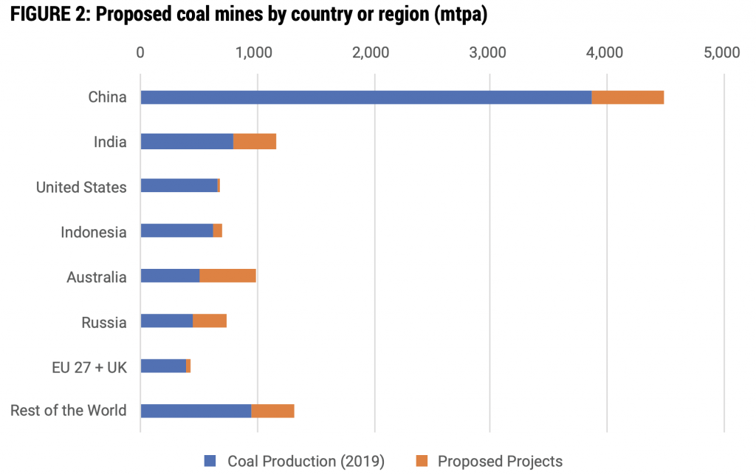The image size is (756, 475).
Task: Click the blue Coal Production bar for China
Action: pos(365,98)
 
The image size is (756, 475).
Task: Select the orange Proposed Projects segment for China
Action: pos(628,98)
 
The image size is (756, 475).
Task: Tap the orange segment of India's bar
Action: pos(255,142)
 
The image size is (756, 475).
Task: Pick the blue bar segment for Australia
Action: pos(170,276)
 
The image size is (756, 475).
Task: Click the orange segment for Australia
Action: pos(227,276)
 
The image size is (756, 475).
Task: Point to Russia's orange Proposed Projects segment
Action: pos(210,321)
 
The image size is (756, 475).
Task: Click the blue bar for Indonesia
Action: pos(176,231)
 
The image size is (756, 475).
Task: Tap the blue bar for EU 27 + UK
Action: pos(163,366)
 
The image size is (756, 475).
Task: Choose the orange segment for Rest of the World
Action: pos(272,411)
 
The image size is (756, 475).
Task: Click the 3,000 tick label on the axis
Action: pos(490,52)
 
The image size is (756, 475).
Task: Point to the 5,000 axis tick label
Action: pos(721,52)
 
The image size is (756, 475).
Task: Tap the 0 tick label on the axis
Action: pos(140,52)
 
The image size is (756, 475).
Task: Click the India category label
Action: pos(109,142)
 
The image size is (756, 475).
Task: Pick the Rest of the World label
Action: pos(69,411)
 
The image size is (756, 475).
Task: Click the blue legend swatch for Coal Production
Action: pos(210,462)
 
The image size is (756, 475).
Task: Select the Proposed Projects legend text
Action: pos(500,462)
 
